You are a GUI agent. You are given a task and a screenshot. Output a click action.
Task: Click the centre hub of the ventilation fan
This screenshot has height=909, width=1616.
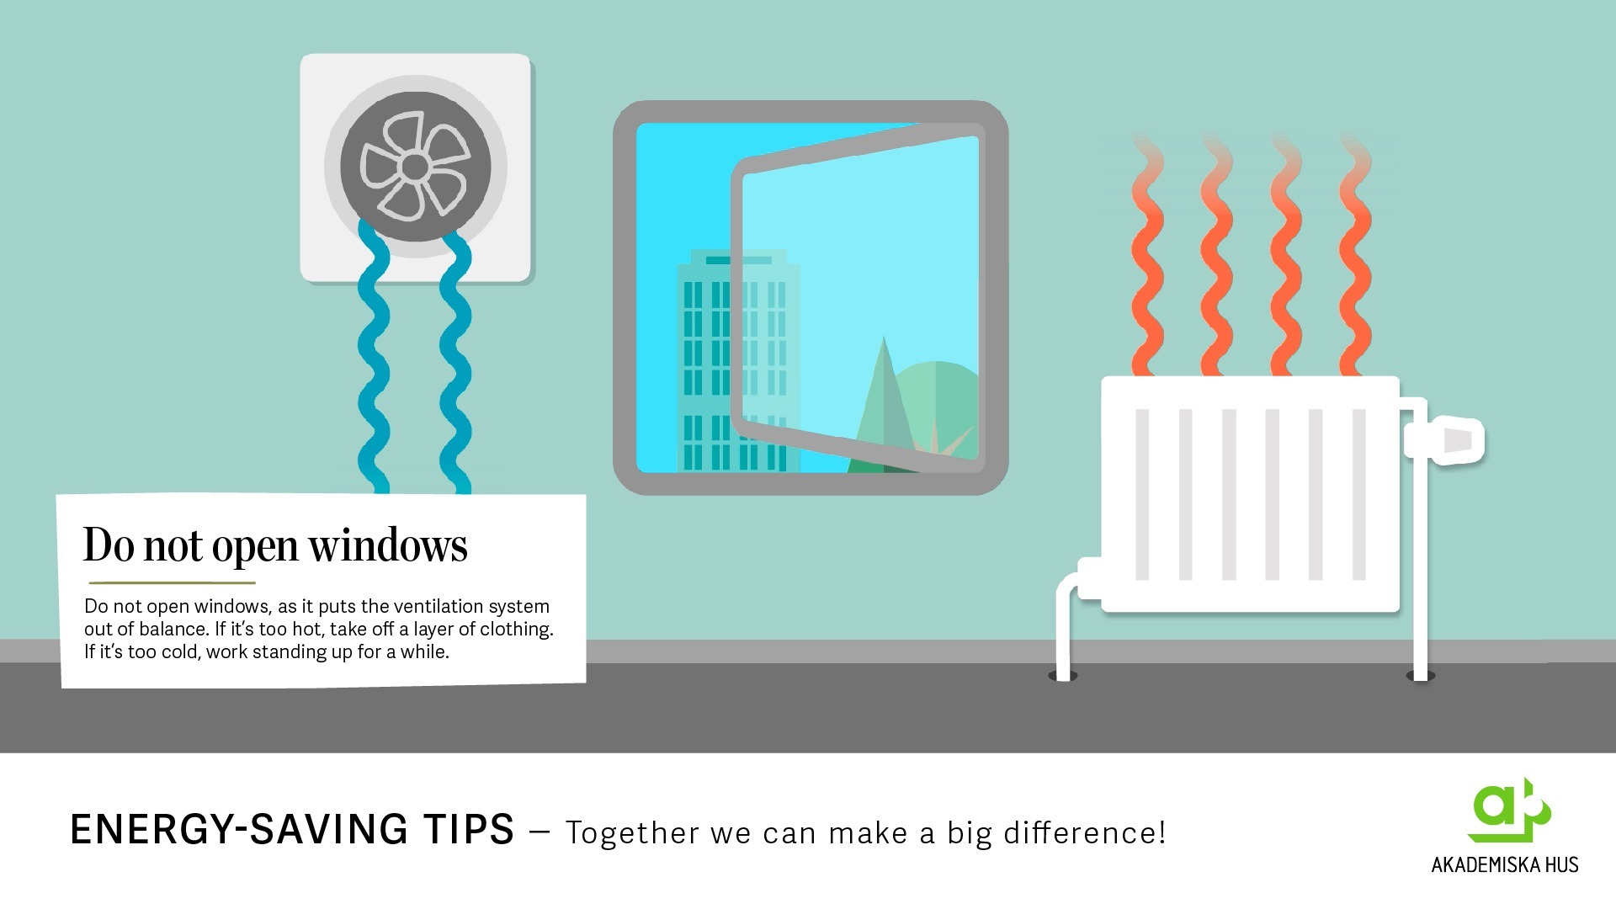click(x=414, y=167)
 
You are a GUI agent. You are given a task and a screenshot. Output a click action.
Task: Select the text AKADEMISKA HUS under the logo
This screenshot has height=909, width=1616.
click(x=1505, y=864)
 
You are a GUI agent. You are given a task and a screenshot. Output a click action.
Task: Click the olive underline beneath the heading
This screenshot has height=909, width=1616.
click(x=172, y=582)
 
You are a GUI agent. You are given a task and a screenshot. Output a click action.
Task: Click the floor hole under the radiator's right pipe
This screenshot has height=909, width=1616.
click(x=1421, y=676)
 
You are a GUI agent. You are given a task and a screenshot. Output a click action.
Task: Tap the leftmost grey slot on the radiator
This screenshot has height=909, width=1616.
click(x=1142, y=495)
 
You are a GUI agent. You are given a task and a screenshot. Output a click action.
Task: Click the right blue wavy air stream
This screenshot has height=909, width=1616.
click(x=455, y=362)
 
